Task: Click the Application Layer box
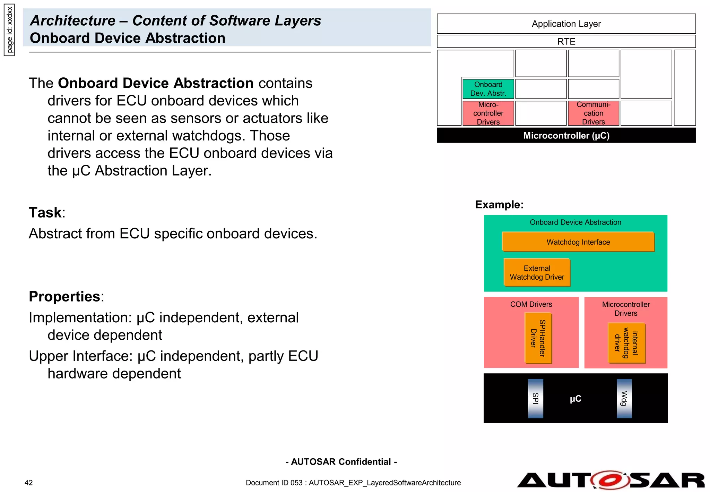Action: pos(566,24)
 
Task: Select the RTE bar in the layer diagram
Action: pos(566,42)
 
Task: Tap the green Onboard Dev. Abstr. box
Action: pos(488,89)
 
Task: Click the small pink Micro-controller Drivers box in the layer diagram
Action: pos(488,113)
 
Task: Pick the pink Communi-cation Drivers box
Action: pos(593,113)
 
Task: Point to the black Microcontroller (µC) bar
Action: pos(566,135)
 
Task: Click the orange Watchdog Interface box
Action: pos(578,242)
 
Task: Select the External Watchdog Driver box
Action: pos(537,272)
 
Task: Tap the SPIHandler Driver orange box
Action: pos(538,338)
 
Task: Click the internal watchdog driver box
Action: pos(626,343)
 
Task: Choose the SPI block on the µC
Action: pos(535,398)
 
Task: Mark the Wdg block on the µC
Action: pos(624,398)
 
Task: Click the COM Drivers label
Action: pos(531,304)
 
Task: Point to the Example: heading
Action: pos(499,204)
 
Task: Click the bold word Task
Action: pos(45,212)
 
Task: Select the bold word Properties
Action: pos(64,296)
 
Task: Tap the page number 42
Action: pos(28,483)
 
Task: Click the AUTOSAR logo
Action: pos(611,480)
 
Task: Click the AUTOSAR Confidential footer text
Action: pos(341,462)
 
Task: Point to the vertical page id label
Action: pos(9,30)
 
